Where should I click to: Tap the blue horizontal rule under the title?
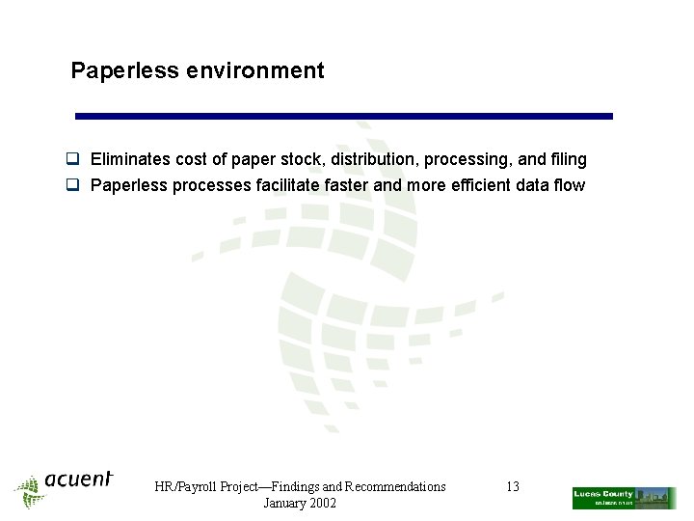pyautogui.click(x=344, y=116)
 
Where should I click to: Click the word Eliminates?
pyautogui.click(x=130, y=159)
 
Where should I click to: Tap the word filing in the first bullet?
pyautogui.click(x=567, y=159)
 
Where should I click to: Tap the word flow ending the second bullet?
pyautogui.click(x=569, y=185)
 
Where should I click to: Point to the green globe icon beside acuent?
pyautogui.click(x=30, y=491)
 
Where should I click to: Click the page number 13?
pyautogui.click(x=513, y=487)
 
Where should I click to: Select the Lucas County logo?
pyautogui.click(x=624, y=498)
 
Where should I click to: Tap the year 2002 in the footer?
pyautogui.click(x=320, y=504)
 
